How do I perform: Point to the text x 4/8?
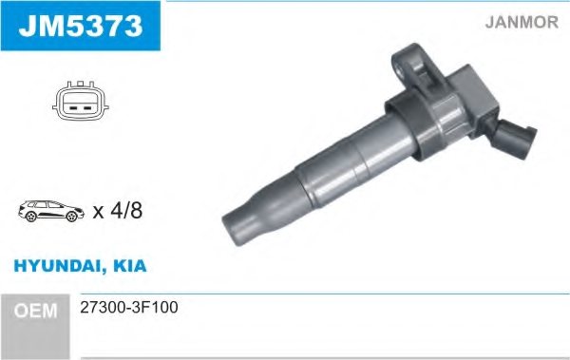coord(117,212)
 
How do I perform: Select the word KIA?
coord(130,267)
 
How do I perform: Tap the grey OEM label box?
coord(39,310)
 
